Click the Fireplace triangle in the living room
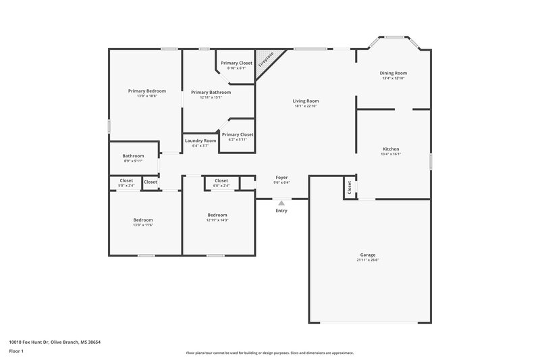point(267,59)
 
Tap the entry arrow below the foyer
point(281,203)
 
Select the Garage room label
point(367,255)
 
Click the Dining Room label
point(394,73)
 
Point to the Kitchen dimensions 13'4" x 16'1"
point(391,154)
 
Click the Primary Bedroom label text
point(147,91)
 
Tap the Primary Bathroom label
point(211,93)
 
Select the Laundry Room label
point(200,140)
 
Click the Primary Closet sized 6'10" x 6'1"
point(236,63)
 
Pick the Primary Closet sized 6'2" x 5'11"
point(238,134)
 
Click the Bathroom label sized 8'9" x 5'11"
point(134,156)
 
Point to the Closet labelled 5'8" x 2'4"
point(126,181)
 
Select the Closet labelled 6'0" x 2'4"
point(221,181)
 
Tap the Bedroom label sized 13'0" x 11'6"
point(142,220)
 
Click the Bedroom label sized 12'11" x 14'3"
point(217,215)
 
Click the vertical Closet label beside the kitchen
point(349,188)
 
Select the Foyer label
point(281,178)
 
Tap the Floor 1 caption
point(17,352)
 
